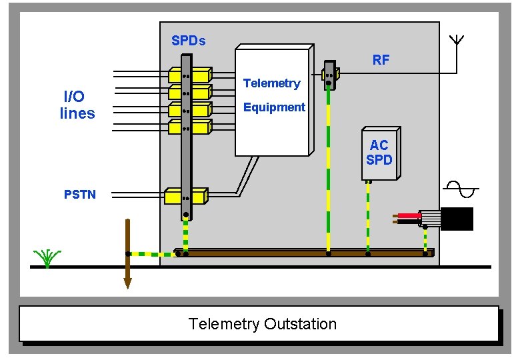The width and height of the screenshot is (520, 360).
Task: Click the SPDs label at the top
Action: [188, 41]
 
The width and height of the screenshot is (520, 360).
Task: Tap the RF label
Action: [381, 60]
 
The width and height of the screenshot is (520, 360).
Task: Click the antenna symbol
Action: [457, 40]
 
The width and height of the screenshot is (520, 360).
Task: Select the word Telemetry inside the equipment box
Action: [271, 83]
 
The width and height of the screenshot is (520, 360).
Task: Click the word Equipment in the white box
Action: [274, 107]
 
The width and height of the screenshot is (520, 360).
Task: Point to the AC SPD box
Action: [380, 153]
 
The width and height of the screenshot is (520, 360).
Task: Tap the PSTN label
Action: [79, 195]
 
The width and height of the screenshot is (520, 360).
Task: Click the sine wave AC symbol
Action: [461, 189]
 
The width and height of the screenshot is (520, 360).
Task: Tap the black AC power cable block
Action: [457, 219]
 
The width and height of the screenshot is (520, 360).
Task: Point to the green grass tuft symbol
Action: [47, 258]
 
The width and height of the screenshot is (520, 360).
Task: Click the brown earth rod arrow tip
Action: [127, 283]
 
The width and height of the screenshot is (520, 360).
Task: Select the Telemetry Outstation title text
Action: [262, 325]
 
